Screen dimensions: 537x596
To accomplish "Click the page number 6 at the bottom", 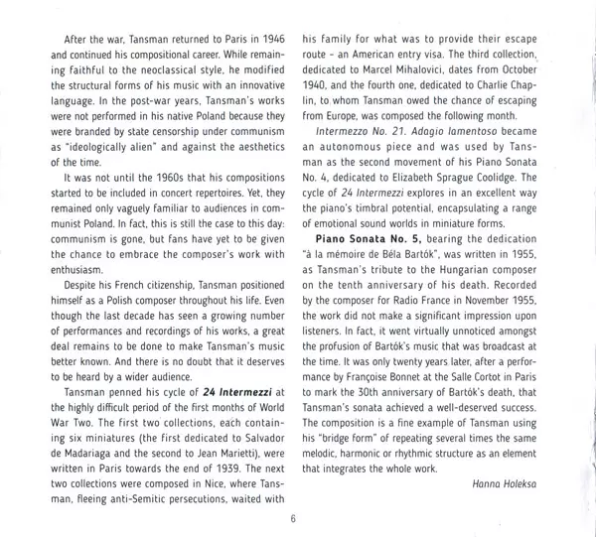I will [294, 518].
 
